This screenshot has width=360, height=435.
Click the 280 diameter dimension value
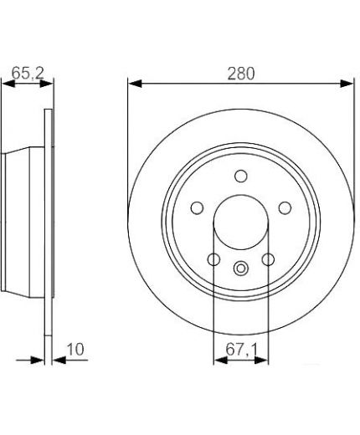pyautogui.click(x=241, y=74)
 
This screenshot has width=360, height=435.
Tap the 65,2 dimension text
pyautogui.click(x=28, y=73)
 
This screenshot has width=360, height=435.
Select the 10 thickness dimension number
pyautogui.click(x=75, y=350)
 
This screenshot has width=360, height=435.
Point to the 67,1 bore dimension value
pyautogui.click(x=241, y=350)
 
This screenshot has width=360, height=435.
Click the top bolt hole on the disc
pyautogui.click(x=241, y=177)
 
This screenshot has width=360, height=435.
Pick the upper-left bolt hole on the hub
pyautogui.click(x=197, y=208)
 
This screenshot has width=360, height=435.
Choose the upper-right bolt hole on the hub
pyautogui.click(x=285, y=208)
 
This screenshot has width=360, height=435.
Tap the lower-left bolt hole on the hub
pyautogui.click(x=213, y=259)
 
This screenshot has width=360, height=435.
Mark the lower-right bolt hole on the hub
pyautogui.click(x=268, y=259)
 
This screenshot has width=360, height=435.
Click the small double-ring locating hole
pyautogui.click(x=241, y=269)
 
